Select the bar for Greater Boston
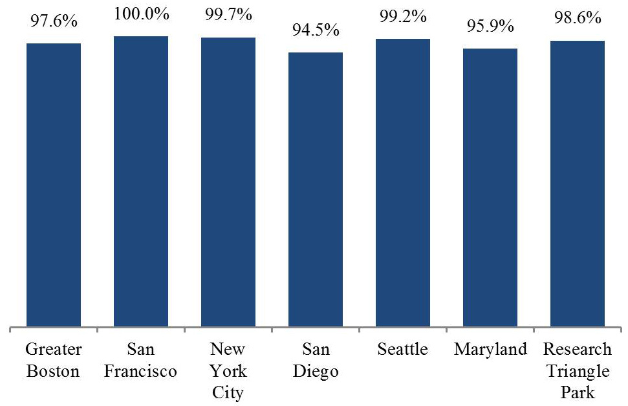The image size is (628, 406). (54, 185)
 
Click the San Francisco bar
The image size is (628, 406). (141, 181)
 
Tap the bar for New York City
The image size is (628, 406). (228, 182)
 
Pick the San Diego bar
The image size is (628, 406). (316, 189)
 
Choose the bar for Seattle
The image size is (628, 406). (403, 183)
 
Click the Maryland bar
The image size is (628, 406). (490, 187)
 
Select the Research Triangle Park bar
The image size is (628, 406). (578, 184)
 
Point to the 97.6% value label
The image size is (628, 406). (54, 21)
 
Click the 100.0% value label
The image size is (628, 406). (142, 14)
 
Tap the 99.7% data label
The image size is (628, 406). (228, 15)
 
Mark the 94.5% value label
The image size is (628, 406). (316, 30)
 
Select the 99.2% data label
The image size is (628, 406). (403, 16)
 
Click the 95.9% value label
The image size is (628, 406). (490, 26)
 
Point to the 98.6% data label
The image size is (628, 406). (578, 18)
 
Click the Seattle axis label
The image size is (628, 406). (402, 349)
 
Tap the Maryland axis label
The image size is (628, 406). (490, 350)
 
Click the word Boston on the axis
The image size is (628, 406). (53, 371)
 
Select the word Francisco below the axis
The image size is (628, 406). (140, 371)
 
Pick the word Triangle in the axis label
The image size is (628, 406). (578, 372)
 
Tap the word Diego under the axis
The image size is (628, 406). (316, 372)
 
